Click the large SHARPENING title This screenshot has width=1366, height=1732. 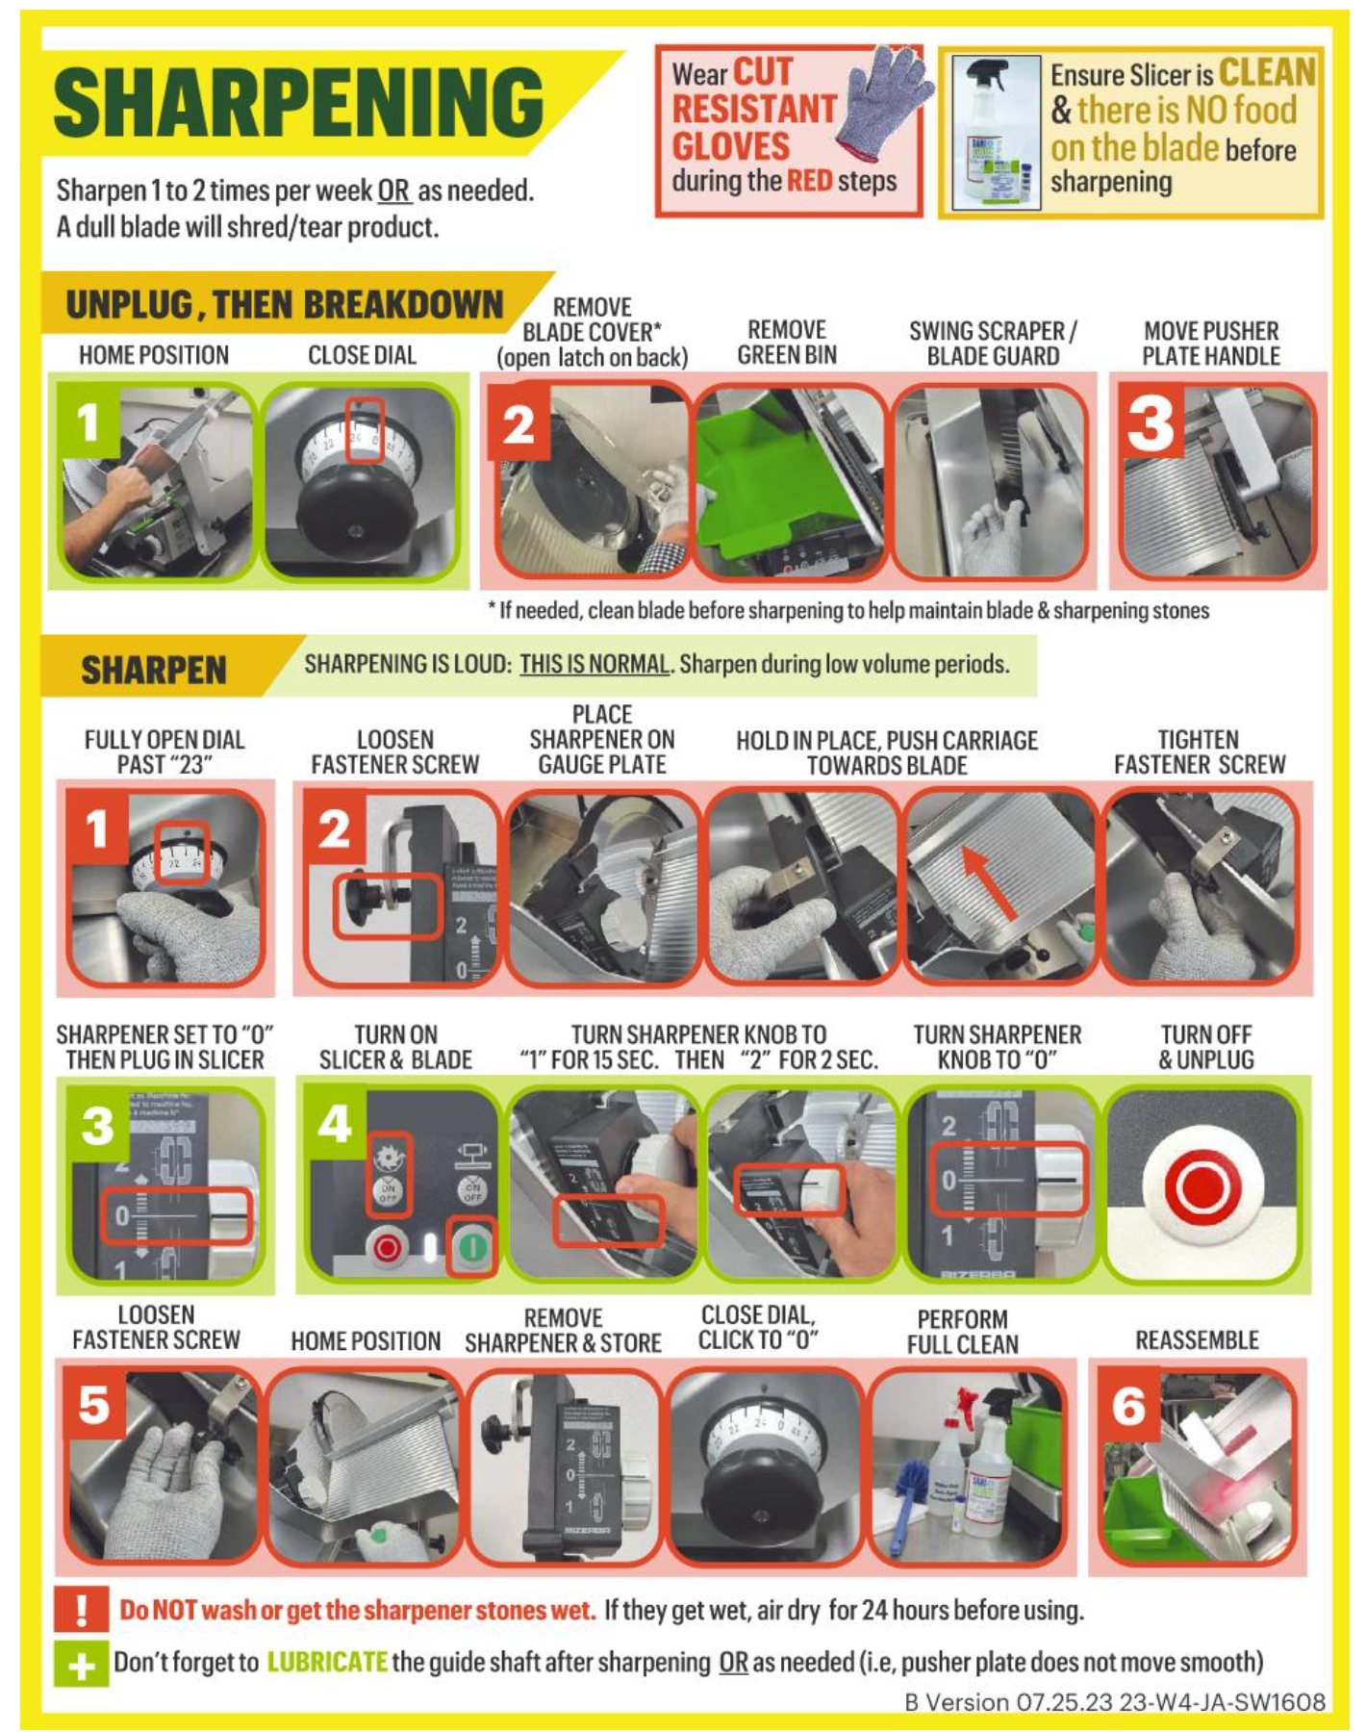point(298,103)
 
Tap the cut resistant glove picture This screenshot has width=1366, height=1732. point(883,103)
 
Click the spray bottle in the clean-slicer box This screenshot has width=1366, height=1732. point(994,132)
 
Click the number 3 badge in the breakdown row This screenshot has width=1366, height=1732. point(1151,424)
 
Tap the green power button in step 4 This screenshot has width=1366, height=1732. point(472,1248)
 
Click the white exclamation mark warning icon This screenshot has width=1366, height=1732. point(81,1610)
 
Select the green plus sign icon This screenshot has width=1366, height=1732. point(81,1664)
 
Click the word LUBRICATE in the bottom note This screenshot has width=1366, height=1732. point(327,1662)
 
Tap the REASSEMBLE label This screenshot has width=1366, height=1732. point(1197,1340)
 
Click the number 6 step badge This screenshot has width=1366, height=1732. point(1129,1408)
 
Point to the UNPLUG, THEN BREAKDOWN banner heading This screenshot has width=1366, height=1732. point(284,305)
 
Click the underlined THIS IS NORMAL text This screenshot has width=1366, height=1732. point(594,664)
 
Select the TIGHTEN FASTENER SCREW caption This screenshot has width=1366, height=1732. point(1200,751)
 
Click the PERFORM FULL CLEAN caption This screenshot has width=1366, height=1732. point(962,1332)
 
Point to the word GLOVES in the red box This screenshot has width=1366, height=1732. point(731,147)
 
